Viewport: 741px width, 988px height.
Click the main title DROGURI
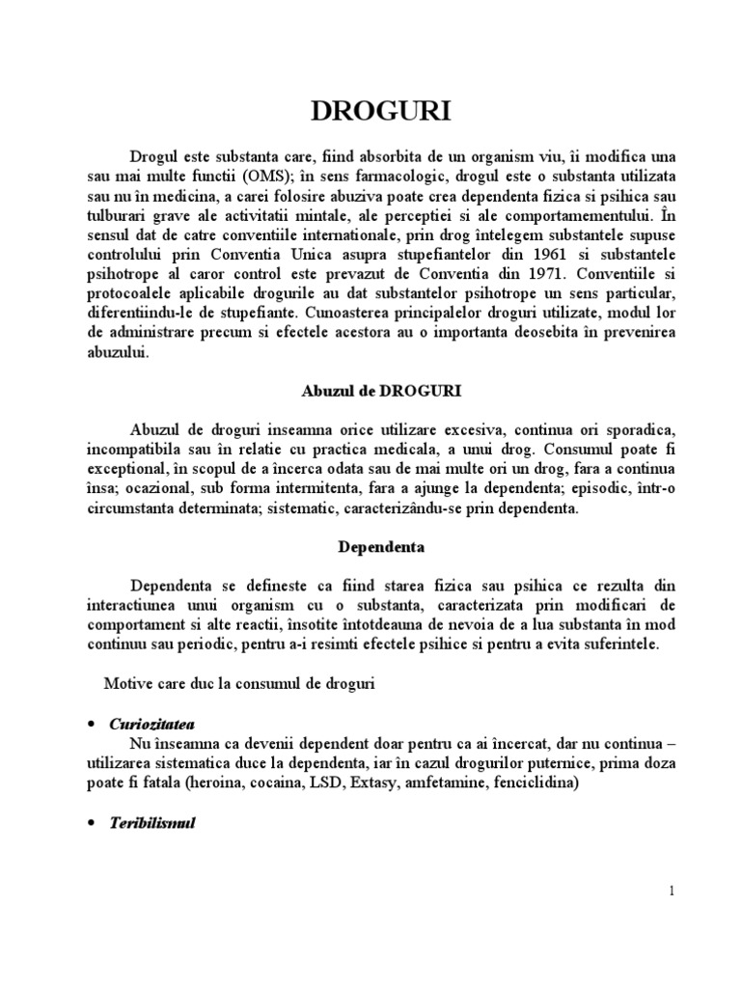[370, 113]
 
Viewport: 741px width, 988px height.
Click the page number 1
[671, 892]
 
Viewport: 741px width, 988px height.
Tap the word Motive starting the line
[128, 683]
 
